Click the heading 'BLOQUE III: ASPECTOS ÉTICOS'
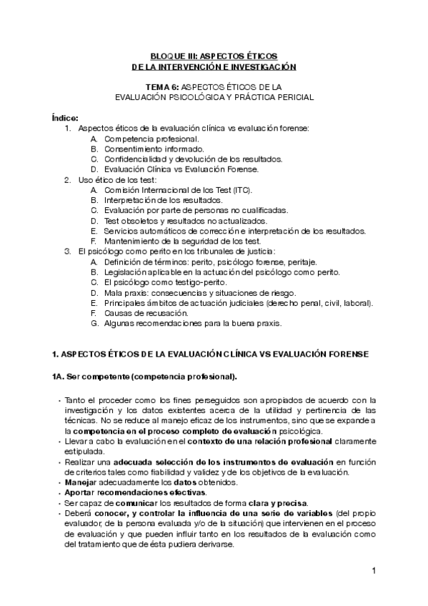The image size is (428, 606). pyautogui.click(x=214, y=55)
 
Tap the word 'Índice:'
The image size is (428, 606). pyautogui.click(x=66, y=117)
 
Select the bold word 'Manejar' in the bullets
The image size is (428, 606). pyautogui.click(x=80, y=483)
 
